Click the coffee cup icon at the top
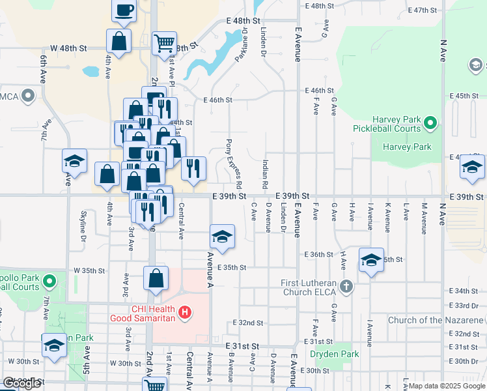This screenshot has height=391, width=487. (x=124, y=10)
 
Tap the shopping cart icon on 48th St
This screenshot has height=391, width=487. (x=164, y=44)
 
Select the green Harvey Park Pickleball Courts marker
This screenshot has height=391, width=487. (x=430, y=122)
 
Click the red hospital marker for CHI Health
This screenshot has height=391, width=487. (x=186, y=313)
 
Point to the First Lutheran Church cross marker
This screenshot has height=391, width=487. (x=346, y=286)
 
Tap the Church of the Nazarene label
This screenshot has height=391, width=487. (x=436, y=320)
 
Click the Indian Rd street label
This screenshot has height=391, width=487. (x=266, y=175)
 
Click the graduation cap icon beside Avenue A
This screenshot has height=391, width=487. (x=222, y=237)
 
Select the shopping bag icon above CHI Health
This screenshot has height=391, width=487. (x=156, y=278)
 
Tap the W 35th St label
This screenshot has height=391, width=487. (x=89, y=270)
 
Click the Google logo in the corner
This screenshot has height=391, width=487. (x=21, y=383)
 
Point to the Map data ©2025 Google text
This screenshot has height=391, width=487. (x=446, y=386)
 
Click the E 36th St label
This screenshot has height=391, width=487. (x=318, y=254)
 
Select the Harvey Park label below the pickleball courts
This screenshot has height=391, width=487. (x=407, y=147)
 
